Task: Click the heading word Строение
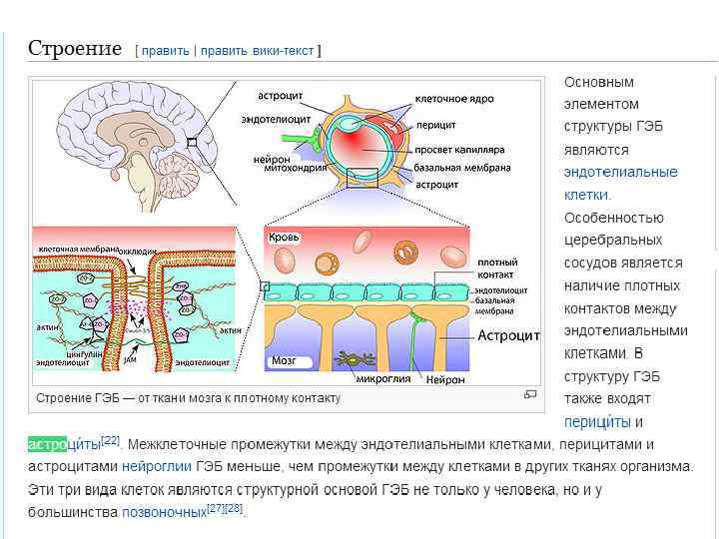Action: click(x=75, y=48)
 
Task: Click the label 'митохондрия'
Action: click(x=295, y=169)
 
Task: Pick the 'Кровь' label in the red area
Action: click(x=284, y=238)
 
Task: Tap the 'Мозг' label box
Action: click(x=284, y=360)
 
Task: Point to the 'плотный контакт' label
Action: click(x=497, y=268)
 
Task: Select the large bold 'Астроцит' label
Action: click(x=508, y=335)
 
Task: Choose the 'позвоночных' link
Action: click(x=163, y=512)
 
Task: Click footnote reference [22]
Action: click(x=110, y=440)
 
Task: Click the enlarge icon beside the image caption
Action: click(x=529, y=395)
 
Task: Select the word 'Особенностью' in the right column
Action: click(x=613, y=218)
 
